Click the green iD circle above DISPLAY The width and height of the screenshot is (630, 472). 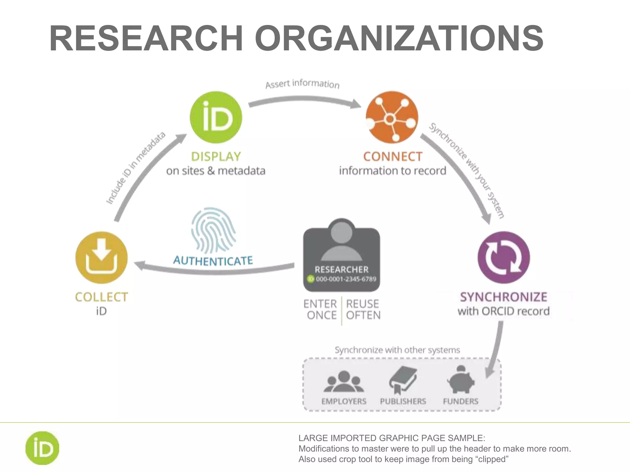pos(216,117)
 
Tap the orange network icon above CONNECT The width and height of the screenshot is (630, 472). pos(392,117)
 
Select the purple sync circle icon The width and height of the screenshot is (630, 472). pos(504,258)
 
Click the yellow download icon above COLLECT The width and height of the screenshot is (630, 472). pos(101,258)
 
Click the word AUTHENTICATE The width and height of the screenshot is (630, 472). pos(213,261)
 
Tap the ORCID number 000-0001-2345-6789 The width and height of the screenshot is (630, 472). pos(346,279)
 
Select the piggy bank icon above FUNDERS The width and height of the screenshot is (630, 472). pos(461,380)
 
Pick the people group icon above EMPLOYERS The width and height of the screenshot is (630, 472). pos(344,381)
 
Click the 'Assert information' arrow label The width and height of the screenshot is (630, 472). pos(302,84)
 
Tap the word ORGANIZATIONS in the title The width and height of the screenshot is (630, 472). pos(399,38)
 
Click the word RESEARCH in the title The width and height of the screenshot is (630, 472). pos(146,38)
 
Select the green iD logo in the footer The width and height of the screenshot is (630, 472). pos(42,448)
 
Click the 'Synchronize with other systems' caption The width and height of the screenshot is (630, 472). pos(397,350)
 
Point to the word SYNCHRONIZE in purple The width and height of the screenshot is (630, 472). pos(504,297)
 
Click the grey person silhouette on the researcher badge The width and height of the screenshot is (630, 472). pos(341,243)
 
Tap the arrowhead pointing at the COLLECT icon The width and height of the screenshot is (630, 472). pos(139,265)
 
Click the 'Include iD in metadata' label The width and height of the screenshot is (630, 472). pos(136,168)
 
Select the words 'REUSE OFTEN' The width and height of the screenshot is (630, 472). pos(363,309)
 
